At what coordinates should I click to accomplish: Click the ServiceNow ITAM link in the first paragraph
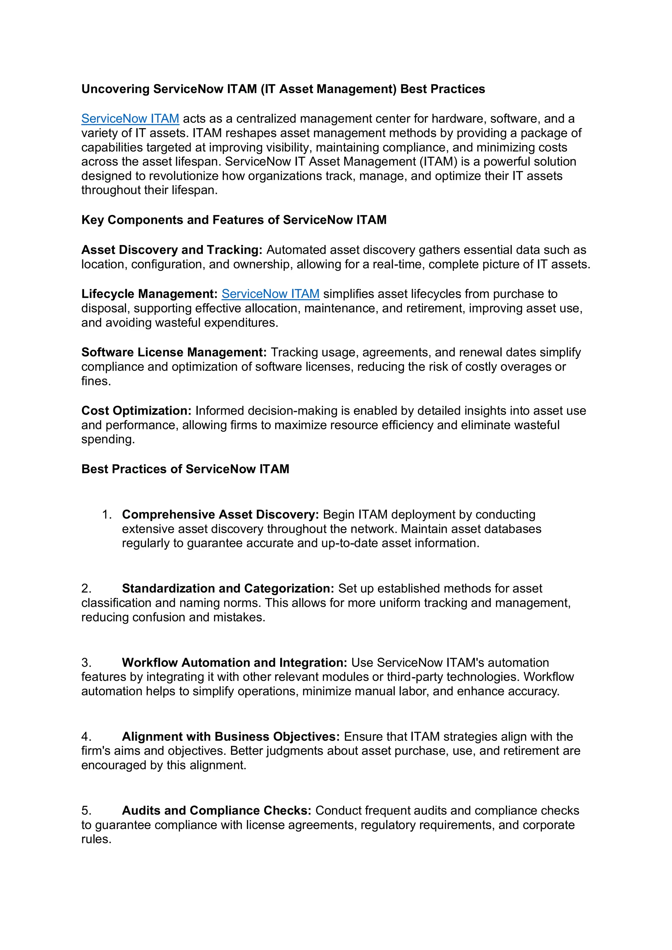(x=130, y=119)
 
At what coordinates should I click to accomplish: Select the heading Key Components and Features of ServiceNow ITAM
(x=234, y=220)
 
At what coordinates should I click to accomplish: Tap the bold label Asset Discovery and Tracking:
(x=172, y=250)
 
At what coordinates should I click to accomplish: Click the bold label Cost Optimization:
(x=136, y=410)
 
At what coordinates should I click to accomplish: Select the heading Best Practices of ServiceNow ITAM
(x=185, y=469)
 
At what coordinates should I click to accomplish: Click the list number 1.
(x=106, y=514)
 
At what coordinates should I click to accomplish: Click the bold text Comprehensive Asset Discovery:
(x=220, y=514)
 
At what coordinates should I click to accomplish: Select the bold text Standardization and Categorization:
(x=228, y=589)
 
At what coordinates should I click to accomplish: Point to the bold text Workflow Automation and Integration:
(x=234, y=662)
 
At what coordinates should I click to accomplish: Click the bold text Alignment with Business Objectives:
(x=230, y=736)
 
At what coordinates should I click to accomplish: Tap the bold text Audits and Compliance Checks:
(x=217, y=810)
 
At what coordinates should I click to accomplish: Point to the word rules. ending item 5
(x=96, y=839)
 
